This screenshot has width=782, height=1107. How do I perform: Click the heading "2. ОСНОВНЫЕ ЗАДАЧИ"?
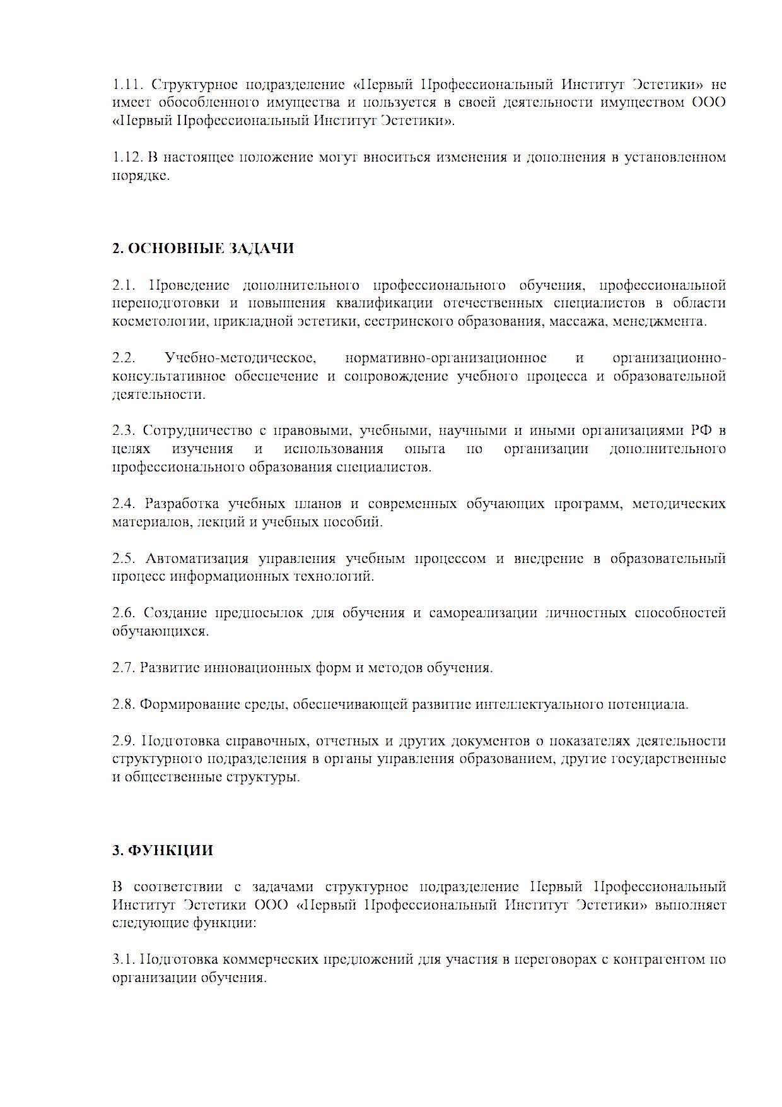coord(202,249)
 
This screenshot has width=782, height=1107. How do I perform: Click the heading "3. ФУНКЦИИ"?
coord(162,850)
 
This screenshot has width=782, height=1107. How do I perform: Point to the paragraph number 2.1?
coord(123,285)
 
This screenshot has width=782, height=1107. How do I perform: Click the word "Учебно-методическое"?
coord(240,358)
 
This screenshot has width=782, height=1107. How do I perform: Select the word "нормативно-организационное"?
coord(446,358)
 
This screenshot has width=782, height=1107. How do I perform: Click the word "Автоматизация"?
coord(197,559)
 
